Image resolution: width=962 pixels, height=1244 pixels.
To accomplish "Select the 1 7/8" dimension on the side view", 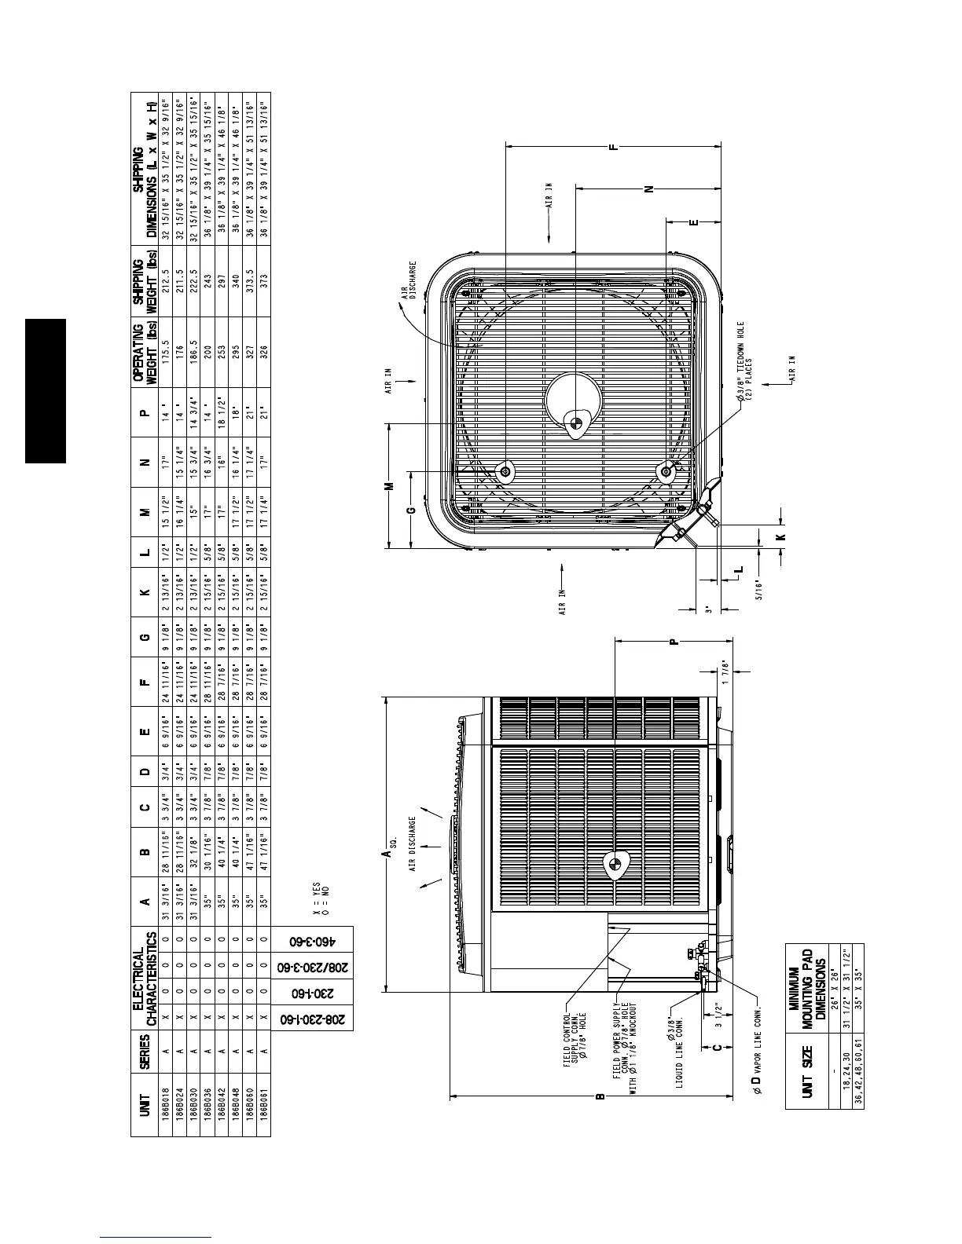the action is click(727, 674).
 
